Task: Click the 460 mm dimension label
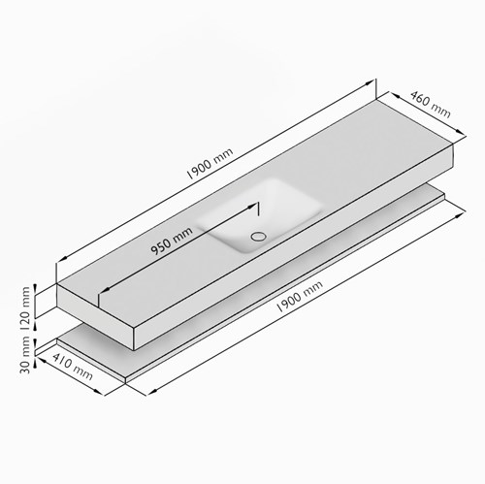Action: (x=431, y=104)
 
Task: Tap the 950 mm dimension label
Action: (x=172, y=241)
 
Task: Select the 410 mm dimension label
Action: (x=73, y=366)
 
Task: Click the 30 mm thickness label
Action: (x=25, y=355)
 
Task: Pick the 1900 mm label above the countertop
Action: (x=210, y=164)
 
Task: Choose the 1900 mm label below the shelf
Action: (x=300, y=296)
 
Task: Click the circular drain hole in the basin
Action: (x=259, y=237)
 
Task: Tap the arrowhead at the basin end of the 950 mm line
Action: (x=252, y=207)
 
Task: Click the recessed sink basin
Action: (x=260, y=216)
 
